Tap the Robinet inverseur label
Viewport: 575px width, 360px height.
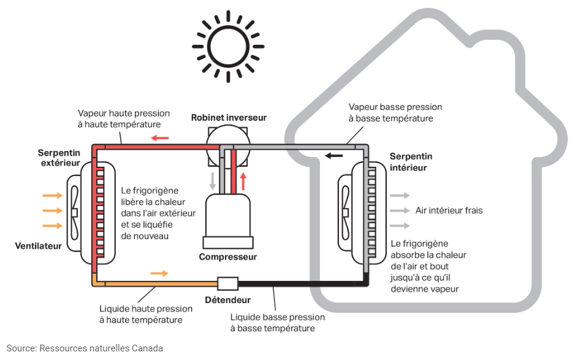point(229,117)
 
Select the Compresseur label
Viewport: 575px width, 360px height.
point(228,257)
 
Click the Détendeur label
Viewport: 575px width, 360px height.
point(227,300)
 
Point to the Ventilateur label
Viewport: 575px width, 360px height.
point(39,246)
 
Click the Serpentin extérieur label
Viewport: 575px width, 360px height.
point(59,158)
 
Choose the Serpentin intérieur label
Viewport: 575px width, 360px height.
point(411,162)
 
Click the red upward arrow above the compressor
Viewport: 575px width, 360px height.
point(243,181)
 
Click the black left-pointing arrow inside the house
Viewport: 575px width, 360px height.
point(334,155)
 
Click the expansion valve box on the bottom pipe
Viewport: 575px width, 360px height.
point(227,283)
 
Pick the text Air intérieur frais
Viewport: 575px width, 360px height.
point(449,210)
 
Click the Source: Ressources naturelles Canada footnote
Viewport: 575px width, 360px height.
point(85,348)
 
